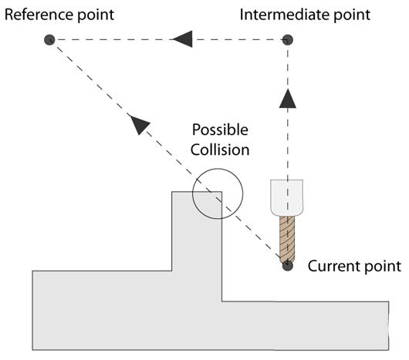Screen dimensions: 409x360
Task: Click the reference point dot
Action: click(x=49, y=40)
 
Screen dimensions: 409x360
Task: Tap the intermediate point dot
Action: click(x=288, y=40)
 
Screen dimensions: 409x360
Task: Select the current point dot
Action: click(x=287, y=265)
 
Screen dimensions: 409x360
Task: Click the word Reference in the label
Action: click(x=39, y=15)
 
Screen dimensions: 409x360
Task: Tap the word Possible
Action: click(x=220, y=130)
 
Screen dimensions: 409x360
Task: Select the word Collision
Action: click(x=220, y=150)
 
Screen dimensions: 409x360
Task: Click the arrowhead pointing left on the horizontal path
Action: click(x=182, y=39)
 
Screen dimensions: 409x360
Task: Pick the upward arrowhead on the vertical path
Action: click(x=287, y=98)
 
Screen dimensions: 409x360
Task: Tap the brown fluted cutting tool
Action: click(x=287, y=239)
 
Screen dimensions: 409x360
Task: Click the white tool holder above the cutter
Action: click(x=286, y=197)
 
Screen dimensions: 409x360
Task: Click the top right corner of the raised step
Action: click(x=222, y=192)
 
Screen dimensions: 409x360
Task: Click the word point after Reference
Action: click(x=96, y=15)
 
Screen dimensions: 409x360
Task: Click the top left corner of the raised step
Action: click(x=172, y=192)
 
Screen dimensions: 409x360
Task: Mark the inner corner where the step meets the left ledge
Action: click(x=172, y=271)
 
